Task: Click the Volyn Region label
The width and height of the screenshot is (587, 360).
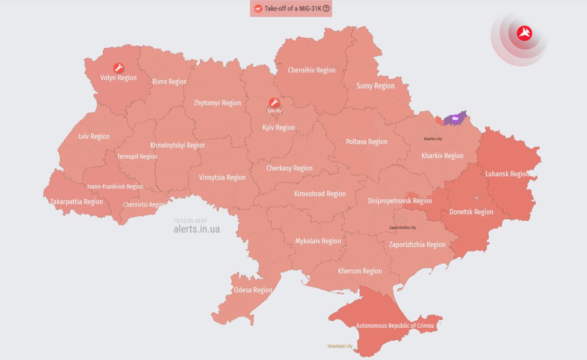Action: (x=118, y=78)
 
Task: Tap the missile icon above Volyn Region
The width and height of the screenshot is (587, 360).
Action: (x=118, y=68)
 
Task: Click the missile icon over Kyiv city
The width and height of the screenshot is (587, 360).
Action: (x=274, y=102)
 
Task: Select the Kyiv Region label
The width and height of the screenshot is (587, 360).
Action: (x=278, y=127)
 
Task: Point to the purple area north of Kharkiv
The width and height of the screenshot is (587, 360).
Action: (x=455, y=118)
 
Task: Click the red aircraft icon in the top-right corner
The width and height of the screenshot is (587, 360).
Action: (x=525, y=33)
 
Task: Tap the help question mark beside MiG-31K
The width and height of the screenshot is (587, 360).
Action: (x=326, y=9)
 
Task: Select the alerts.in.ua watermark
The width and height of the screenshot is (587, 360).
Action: (x=196, y=229)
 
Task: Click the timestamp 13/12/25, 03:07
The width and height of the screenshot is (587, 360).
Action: (x=190, y=221)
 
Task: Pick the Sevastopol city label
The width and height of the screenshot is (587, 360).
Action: (x=340, y=346)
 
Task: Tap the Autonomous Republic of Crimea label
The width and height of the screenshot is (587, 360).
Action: (x=395, y=325)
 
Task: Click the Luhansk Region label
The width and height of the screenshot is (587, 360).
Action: (x=507, y=174)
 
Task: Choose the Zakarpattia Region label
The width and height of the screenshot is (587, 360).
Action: (x=76, y=202)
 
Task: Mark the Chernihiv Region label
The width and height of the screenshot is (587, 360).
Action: (x=311, y=70)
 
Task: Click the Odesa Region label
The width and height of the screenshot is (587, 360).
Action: (x=253, y=290)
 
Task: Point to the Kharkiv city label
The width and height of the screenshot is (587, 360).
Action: (x=433, y=139)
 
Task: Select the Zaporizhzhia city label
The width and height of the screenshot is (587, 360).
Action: (x=402, y=227)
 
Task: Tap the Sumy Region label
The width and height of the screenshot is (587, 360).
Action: (x=375, y=86)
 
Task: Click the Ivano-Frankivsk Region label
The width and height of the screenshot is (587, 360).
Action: (x=115, y=187)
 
